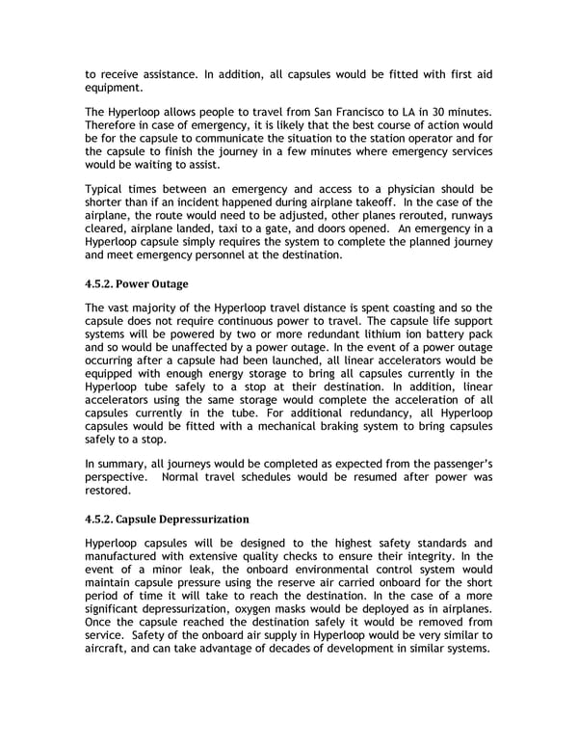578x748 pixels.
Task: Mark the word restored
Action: (x=113, y=489)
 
